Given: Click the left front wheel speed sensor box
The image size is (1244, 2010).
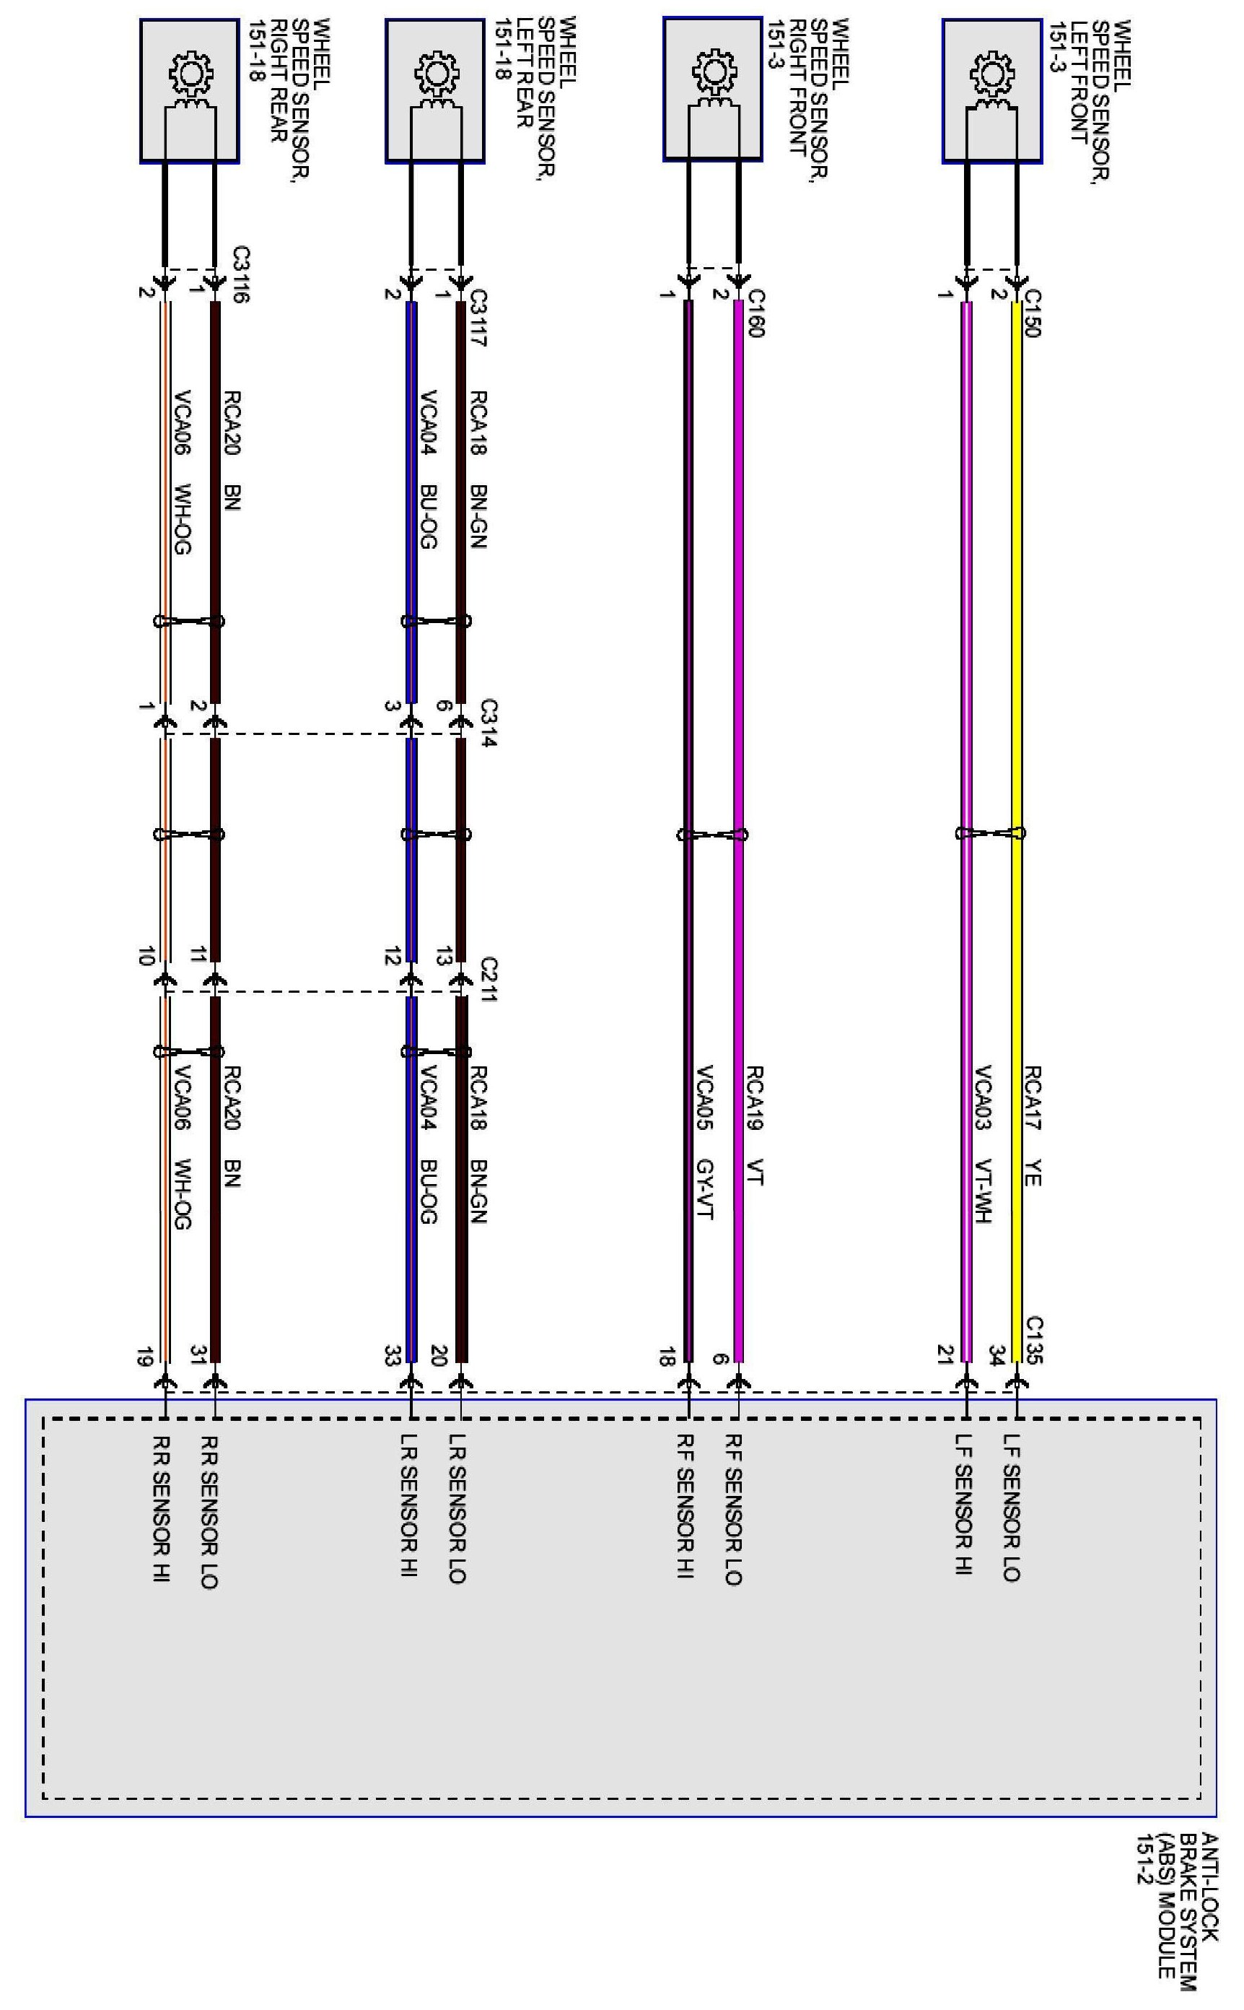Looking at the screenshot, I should coord(991,90).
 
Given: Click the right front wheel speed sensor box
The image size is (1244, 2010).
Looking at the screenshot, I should coord(712,89).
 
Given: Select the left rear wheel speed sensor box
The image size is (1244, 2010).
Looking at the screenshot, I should coord(434,90).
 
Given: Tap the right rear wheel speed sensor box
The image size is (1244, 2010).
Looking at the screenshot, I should coord(189,90).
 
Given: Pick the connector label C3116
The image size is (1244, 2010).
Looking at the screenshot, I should coord(240,275).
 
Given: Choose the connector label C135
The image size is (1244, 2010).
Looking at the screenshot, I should coord(1034,1340).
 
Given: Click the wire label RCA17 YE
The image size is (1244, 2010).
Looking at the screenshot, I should coord(1033,1126).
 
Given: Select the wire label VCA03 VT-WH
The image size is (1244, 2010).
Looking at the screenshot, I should coord(984,1144).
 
